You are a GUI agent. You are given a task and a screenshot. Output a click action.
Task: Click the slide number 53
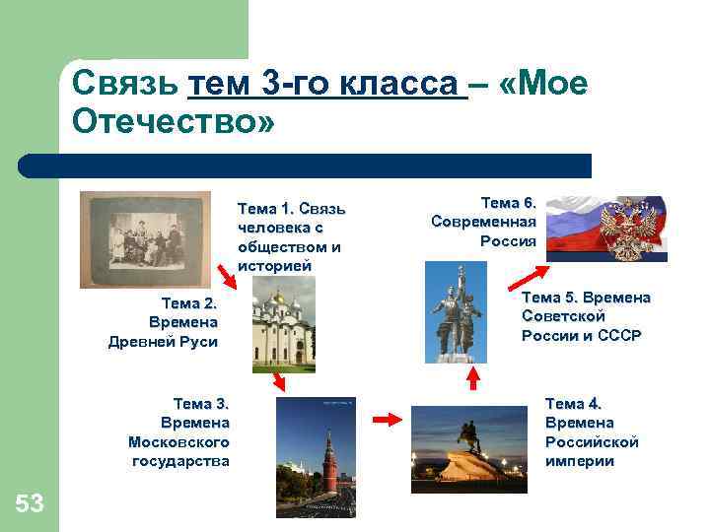30,504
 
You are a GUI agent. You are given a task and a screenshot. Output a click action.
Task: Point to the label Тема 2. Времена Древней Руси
163,322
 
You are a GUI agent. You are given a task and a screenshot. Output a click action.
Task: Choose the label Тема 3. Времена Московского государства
179,432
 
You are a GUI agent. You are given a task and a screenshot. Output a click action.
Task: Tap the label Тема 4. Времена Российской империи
592,432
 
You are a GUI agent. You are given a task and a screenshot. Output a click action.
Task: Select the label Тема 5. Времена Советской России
585,316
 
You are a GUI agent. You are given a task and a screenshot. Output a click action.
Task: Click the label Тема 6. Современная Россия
484,222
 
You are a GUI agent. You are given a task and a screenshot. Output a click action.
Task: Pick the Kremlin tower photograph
316,457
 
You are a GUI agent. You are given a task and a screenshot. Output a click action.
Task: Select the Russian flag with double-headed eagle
606,228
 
